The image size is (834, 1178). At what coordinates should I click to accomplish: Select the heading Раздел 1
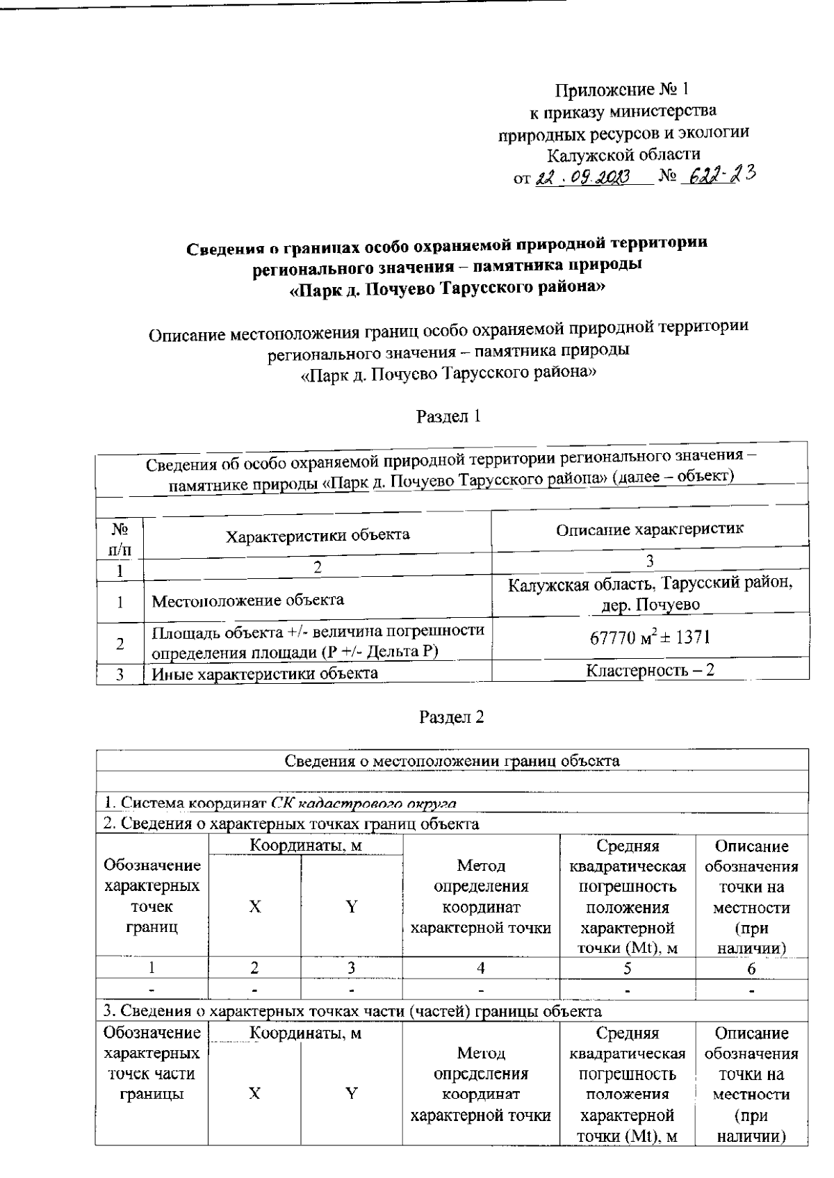coord(448,416)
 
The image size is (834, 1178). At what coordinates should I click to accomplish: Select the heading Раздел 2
coord(451,717)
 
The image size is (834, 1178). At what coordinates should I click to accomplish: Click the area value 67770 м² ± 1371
coord(650,637)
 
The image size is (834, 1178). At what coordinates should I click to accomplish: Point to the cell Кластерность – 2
coord(650,670)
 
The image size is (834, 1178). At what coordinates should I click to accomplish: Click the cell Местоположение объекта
coord(247,600)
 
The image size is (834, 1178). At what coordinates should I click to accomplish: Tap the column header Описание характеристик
coord(650,529)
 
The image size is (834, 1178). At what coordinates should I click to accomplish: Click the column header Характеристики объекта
coord(318,534)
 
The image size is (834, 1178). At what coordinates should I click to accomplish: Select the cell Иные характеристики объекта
coord(265,673)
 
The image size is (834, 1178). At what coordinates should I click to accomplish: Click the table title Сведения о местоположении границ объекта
coord(452,760)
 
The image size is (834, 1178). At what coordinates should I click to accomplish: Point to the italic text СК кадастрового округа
coord(363,803)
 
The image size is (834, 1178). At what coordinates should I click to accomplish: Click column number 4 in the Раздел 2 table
coord(480,967)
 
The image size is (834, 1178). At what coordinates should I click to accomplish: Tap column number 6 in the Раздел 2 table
coord(751,967)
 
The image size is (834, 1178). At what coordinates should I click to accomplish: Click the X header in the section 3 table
coord(254,1093)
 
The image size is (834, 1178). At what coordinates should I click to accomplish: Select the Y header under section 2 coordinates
coord(352,906)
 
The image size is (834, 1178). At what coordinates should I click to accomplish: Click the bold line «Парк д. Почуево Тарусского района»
coord(447,288)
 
